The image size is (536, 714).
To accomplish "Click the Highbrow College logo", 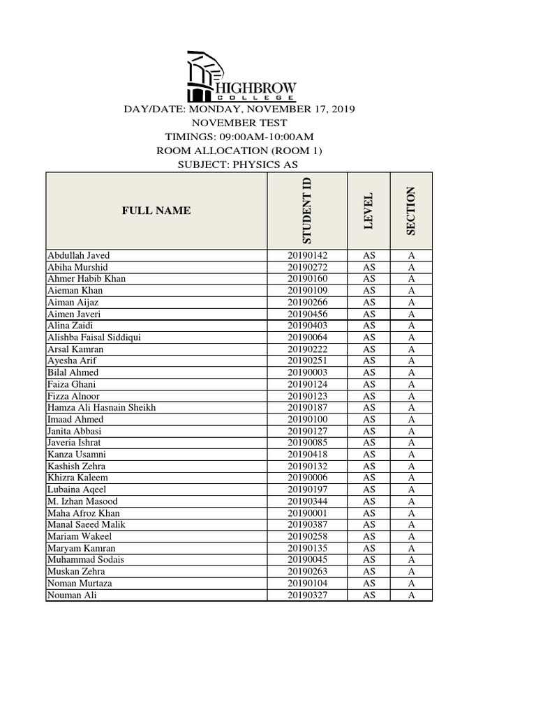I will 241,77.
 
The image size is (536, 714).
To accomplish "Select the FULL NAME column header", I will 156,211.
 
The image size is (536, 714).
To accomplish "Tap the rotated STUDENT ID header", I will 307,211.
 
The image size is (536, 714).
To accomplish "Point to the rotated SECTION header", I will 411,211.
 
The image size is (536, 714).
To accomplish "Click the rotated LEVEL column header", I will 369,211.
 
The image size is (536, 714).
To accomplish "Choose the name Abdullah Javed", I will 78,255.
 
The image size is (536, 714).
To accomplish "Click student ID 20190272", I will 307,267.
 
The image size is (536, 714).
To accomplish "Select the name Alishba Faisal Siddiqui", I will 94,337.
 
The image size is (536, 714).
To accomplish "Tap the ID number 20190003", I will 307,372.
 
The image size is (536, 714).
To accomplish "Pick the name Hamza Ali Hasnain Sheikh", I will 101,408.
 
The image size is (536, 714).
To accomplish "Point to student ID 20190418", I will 307,455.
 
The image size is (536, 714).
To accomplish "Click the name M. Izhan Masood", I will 82,501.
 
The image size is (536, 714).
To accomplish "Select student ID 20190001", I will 307,513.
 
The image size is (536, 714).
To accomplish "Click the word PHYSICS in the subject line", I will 255,165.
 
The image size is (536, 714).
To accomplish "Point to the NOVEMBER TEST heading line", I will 239,123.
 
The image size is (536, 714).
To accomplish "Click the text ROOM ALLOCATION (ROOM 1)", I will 239,151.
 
